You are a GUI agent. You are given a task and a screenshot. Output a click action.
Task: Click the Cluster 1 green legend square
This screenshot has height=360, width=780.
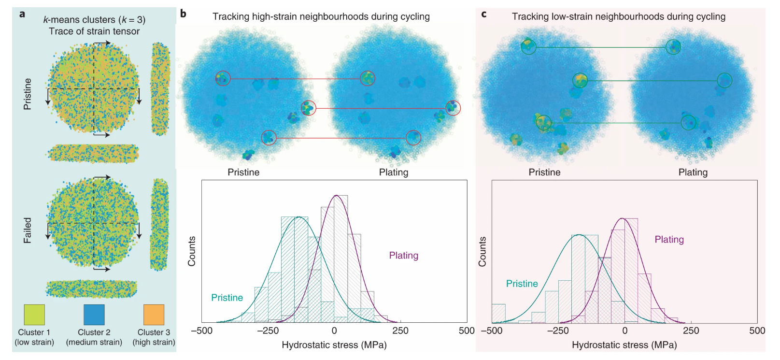tap(34, 315)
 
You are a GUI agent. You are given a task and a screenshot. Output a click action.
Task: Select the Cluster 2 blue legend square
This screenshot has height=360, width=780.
tap(94, 315)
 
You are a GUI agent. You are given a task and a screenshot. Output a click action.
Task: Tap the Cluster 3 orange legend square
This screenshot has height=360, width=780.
tap(154, 315)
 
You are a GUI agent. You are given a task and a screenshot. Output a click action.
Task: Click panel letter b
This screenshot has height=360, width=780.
tap(183, 14)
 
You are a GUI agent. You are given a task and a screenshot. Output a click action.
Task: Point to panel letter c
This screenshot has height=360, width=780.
tap(483, 14)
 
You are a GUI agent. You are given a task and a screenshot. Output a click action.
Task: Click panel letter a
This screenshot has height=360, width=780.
tap(22, 14)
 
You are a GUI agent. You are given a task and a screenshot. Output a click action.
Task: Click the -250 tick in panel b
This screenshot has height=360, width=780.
tap(268, 331)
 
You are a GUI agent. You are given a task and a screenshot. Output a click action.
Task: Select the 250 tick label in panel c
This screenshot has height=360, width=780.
tap(691, 331)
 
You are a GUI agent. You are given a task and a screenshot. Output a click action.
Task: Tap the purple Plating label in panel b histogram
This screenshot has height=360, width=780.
tap(403, 256)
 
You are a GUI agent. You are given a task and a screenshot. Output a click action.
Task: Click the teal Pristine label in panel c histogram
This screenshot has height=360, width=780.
tap(522, 284)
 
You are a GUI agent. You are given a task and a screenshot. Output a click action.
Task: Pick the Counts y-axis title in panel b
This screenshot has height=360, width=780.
tap(192, 251)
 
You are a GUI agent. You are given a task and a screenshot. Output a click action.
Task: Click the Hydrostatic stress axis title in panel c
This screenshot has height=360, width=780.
tap(624, 345)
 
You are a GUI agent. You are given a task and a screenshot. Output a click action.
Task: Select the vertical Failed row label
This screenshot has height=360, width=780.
tap(28, 230)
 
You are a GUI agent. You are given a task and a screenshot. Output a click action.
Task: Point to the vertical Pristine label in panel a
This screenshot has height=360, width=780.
tap(28, 94)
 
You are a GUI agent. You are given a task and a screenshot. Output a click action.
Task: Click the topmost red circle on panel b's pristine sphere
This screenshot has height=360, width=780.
tap(223, 78)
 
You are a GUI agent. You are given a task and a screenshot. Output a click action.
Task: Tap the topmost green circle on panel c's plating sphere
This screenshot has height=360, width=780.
tap(673, 47)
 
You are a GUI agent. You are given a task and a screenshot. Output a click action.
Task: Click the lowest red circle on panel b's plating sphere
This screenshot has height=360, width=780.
tap(413, 138)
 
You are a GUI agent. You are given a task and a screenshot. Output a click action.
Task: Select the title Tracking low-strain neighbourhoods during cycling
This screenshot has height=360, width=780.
tap(618, 16)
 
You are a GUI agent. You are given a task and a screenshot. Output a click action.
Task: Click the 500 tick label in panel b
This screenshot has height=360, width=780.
tap(467, 331)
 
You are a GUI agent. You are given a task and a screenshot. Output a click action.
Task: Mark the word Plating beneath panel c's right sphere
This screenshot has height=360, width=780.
tap(693, 173)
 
